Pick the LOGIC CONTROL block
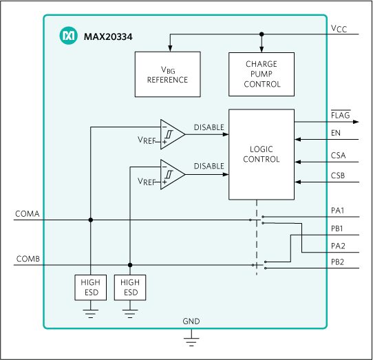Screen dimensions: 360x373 [x=262, y=154]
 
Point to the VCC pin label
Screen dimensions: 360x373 [x=339, y=29]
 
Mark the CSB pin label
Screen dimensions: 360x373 [x=338, y=177]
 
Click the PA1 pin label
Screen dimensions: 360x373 [x=338, y=211]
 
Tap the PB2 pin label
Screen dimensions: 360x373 [x=338, y=262]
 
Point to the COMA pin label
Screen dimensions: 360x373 [x=27, y=214]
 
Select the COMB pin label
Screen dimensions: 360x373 [x=27, y=259]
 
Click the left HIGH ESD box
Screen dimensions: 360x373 [x=90, y=288]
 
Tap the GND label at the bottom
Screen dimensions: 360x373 [x=191, y=322]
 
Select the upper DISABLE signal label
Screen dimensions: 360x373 [x=209, y=127]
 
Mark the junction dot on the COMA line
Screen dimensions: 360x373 [x=90, y=220]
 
